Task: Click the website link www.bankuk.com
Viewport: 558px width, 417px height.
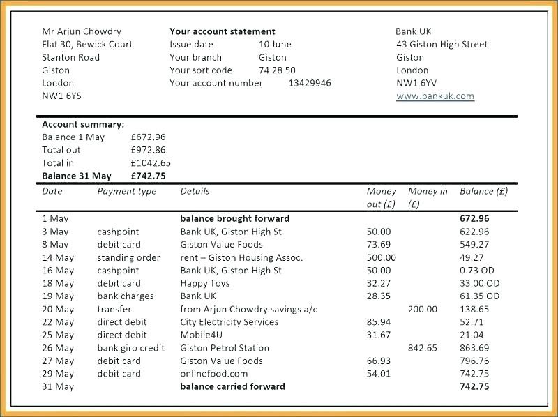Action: click(435, 96)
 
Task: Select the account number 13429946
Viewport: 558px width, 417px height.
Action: click(310, 83)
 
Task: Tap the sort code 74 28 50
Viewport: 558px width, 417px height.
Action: click(277, 70)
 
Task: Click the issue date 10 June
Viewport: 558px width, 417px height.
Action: click(275, 44)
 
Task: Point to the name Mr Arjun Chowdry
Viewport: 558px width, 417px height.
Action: click(82, 31)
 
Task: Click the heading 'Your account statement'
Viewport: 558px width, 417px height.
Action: click(223, 31)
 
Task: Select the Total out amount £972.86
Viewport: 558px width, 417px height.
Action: click(148, 150)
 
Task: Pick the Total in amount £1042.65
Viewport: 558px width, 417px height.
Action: click(151, 163)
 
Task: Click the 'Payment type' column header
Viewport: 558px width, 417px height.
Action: click(127, 191)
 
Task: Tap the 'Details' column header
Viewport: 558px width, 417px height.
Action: click(195, 191)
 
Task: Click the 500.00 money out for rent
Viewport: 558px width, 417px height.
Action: click(381, 257)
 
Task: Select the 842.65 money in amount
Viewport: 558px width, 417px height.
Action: click(423, 348)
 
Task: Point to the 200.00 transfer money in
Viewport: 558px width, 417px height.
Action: click(423, 309)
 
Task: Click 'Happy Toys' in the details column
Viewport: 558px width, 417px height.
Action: click(204, 283)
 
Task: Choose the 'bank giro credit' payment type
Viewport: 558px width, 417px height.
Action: click(131, 348)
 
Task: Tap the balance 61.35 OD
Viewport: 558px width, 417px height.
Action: click(480, 296)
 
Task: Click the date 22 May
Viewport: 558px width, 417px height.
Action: click(58, 322)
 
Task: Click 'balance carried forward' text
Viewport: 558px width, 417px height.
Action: click(232, 386)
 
